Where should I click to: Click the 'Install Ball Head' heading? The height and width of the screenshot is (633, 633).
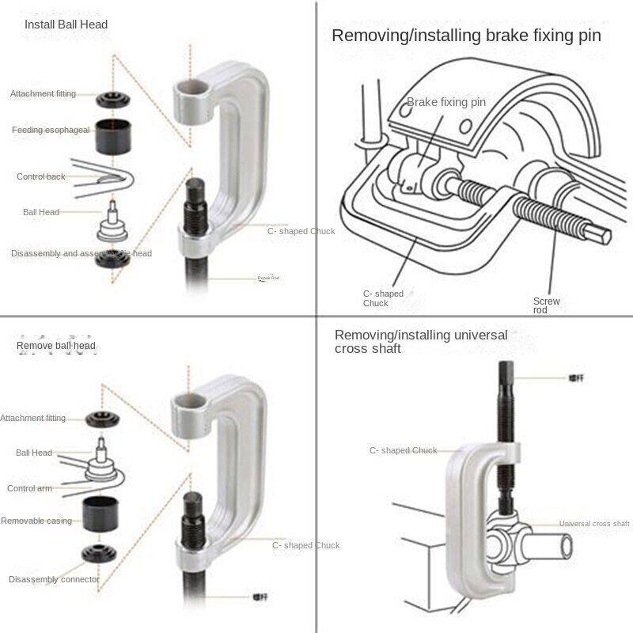pos(66,25)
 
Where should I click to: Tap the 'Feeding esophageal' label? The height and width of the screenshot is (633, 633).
pos(51,130)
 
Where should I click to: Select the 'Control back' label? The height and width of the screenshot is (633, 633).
pos(41,176)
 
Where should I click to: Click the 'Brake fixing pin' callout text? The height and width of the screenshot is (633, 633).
pos(446,102)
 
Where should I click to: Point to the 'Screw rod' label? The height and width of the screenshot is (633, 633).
pos(546,305)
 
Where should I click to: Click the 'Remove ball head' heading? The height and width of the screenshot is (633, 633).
pos(55,346)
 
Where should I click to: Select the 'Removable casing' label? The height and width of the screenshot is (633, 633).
pos(36,521)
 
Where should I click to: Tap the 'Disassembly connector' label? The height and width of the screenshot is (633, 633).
pos(54,579)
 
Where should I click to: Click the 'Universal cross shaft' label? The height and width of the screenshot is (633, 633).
pos(594,524)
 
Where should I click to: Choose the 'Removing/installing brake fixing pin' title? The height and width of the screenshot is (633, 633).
pos(466,36)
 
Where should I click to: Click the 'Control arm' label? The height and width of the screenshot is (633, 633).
pos(30,488)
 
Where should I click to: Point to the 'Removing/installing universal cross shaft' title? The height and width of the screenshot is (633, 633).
pos(421,342)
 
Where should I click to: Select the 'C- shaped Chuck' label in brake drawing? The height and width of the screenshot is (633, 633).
pos(383,298)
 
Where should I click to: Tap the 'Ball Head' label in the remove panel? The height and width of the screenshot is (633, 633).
pos(34,453)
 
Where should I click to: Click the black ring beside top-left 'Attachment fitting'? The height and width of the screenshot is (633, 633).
pos(112,100)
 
